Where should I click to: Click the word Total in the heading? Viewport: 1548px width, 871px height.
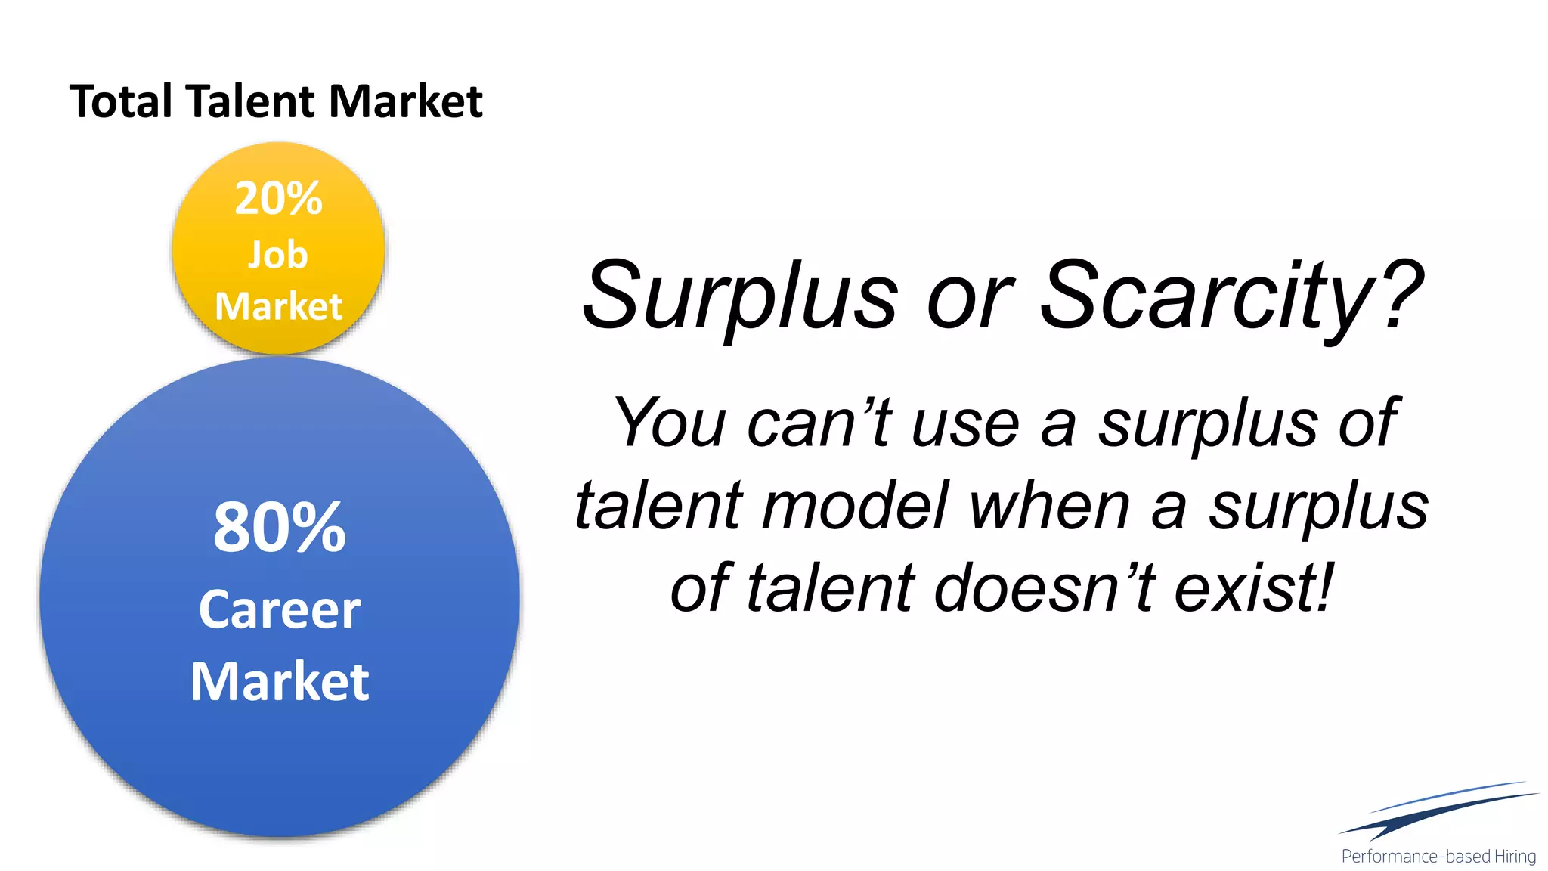pos(121,101)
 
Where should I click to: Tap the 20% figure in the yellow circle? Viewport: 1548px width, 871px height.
pos(278,199)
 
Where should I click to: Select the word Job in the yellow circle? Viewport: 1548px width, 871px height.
pos(278,255)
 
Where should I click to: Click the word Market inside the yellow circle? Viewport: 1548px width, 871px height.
pos(278,306)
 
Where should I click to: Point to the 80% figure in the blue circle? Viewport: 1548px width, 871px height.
pos(280,527)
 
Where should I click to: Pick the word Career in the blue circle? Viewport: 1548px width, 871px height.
pos(280,609)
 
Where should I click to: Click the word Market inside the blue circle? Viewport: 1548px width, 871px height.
pos(280,681)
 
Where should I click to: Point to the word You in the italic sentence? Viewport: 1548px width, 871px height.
pos(670,423)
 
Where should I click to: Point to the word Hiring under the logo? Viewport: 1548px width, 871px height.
pos(1515,857)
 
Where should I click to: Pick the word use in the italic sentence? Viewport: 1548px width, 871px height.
pos(966,423)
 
